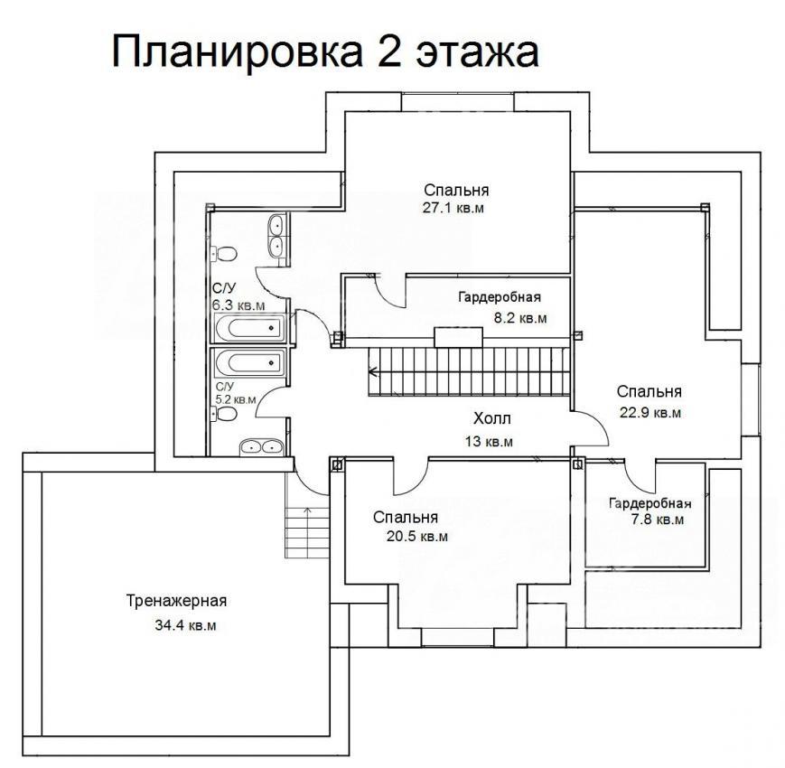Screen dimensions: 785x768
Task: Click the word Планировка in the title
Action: (237, 52)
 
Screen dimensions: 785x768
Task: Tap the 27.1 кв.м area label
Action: (453, 208)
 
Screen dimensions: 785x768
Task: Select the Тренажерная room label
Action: (176, 600)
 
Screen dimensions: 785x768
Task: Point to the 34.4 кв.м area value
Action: (185, 625)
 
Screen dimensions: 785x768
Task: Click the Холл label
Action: (492, 418)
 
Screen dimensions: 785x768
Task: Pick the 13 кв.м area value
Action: (489, 442)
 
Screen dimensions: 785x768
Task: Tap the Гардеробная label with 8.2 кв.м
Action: (500, 297)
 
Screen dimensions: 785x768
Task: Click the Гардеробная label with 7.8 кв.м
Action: (649, 503)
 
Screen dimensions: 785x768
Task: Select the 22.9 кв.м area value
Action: (649, 413)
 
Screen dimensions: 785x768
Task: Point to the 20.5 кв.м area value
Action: (417, 537)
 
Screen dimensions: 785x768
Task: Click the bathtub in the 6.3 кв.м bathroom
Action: (249, 328)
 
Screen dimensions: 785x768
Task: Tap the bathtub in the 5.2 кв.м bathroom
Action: (249, 362)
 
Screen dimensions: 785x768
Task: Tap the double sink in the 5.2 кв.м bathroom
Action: (262, 447)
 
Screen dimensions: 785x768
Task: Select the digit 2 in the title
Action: (390, 52)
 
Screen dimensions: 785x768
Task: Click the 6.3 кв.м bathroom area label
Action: (238, 305)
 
